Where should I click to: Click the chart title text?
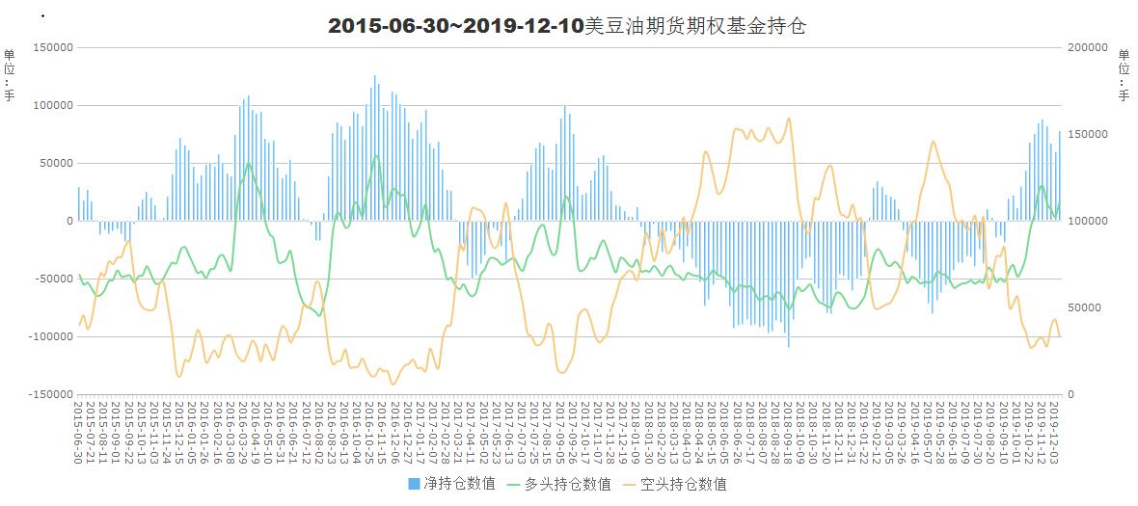point(567,26)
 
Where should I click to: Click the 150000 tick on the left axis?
point(53,47)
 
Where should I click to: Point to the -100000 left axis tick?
point(50,336)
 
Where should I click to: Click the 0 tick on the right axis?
point(1070,394)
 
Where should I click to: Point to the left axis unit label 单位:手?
point(10,74)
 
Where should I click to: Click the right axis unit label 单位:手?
point(1124,74)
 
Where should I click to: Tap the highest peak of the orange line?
point(788,120)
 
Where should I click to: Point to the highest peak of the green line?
point(375,157)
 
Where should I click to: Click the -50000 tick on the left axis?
point(53,279)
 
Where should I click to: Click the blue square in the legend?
point(415,484)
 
